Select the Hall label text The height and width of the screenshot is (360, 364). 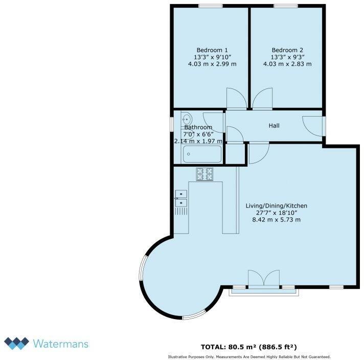274,125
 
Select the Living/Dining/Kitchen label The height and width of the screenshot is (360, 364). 276,206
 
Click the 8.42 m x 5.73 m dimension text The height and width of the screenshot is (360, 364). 276,220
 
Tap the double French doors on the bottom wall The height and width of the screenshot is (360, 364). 264,279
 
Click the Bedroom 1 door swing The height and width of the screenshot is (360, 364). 236,99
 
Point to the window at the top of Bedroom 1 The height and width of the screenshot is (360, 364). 211,6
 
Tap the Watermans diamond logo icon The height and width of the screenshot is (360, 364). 16,343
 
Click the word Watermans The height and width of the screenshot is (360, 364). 61,343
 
